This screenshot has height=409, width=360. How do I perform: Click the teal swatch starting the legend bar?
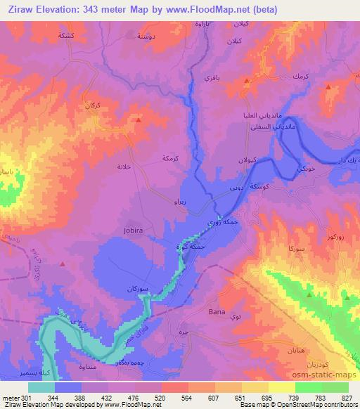[x=41, y=387]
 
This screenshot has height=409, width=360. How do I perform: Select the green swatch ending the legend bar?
[x=335, y=387]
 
